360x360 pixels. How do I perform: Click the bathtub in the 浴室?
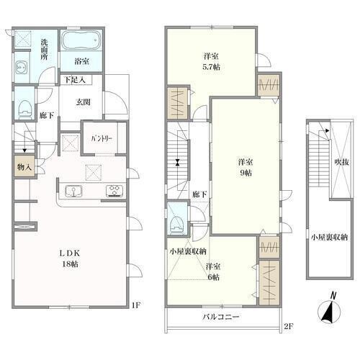tap(81, 40)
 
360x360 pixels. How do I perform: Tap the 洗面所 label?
tap(44, 50)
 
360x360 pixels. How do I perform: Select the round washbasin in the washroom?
tap(21, 68)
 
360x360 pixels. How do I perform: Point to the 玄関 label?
tap(83, 102)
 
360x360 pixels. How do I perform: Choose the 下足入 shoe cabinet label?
tap(75, 80)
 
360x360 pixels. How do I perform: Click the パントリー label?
tap(102, 139)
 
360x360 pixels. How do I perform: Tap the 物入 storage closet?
tap(24, 166)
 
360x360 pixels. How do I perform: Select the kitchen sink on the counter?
tap(73, 192)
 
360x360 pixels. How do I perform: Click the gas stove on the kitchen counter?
tap(114, 192)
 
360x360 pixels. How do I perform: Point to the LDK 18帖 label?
tap(70, 258)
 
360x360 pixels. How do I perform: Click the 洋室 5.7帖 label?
tap(211, 62)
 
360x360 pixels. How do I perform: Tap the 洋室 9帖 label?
tap(246, 167)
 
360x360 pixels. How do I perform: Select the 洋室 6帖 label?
tap(213, 271)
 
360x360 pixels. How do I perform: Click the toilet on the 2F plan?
tap(177, 225)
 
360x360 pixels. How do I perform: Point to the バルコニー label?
tap(221, 317)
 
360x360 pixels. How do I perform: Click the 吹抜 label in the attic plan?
tap(341, 162)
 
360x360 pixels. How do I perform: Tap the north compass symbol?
tap(329, 309)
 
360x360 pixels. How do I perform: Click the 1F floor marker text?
tap(136, 305)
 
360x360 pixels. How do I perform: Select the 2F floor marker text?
tap(289, 326)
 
